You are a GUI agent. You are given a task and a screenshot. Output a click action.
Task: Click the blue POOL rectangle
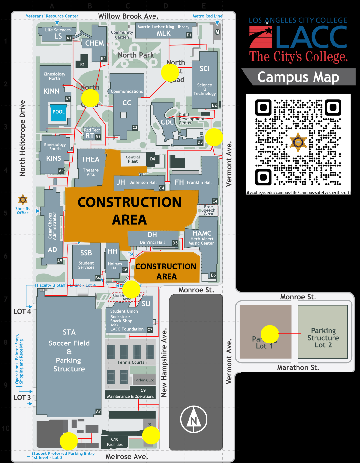tap(59, 112)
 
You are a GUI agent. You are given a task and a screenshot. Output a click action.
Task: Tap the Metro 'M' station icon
tap(217, 32)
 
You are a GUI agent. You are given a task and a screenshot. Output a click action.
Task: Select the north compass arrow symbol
tap(194, 419)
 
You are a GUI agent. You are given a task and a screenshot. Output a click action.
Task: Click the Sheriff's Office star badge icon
tap(23, 199)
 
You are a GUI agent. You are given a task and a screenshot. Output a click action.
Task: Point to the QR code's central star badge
tap(298, 142)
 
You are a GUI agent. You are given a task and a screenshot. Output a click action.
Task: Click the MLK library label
tap(163, 33)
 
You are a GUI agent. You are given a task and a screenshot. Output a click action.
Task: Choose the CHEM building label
tap(95, 43)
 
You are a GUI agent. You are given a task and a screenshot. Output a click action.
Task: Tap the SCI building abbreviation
tap(205, 69)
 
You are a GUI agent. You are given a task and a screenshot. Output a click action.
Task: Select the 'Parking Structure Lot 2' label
tap(323, 338)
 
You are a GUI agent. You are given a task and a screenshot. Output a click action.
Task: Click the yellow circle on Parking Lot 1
tap(270, 334)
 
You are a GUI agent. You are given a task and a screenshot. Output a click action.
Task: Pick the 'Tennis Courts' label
tap(131, 362)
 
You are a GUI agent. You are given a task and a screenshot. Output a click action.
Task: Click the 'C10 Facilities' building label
tap(115, 442)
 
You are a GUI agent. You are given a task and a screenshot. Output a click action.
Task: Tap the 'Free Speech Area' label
tap(208, 210)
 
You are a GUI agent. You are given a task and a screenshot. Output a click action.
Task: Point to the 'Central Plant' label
tap(133, 159)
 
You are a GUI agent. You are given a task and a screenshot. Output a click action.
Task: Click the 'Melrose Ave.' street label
tap(127, 456)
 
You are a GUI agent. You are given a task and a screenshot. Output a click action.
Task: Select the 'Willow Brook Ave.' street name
tap(128, 16)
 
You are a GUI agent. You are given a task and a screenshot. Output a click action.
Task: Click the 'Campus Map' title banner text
tap(298, 77)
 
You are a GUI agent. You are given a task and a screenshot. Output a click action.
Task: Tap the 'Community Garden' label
tap(122, 35)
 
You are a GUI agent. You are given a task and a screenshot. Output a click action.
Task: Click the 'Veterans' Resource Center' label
tap(52, 16)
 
